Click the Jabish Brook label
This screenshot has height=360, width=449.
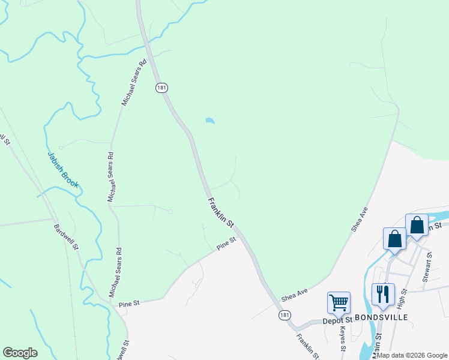[63, 169]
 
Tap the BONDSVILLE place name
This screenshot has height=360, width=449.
[381, 317]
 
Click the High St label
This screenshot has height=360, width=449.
[402, 298]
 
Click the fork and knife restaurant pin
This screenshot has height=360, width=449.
[383, 294]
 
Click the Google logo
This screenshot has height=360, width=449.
[20, 353]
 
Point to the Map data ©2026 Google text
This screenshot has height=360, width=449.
[412, 355]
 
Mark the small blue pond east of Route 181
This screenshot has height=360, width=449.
[209, 121]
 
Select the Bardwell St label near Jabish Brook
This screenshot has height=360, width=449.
[66, 237]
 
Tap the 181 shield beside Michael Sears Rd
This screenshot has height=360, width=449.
[161, 88]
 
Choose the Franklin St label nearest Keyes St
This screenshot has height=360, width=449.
[307, 344]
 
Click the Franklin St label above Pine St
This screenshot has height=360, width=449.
[220, 212]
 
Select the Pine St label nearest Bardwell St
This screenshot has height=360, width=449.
[128, 304]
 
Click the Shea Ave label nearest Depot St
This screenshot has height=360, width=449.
[295, 295]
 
